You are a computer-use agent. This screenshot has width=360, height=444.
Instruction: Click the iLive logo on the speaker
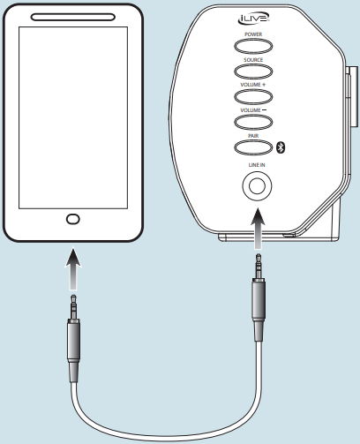pos(253,19)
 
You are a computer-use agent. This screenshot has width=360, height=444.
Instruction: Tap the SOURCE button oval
pos(253,71)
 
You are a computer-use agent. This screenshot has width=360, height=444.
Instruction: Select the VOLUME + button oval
pos(253,96)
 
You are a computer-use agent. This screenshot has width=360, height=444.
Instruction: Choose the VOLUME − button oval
pos(253,122)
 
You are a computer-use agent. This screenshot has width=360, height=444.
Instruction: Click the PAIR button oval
pos(253,147)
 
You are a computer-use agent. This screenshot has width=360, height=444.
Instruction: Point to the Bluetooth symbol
pos(281,147)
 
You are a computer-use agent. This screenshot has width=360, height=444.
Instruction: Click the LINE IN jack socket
pos(257,186)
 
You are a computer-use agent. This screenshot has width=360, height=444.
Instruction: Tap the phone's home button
pos(73,219)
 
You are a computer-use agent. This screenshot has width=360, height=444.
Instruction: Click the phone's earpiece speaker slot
pos(73,17)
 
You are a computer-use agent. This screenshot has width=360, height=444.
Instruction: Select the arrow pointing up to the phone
pos(73,268)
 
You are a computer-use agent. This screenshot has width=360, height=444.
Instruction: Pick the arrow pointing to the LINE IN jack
pos(258,229)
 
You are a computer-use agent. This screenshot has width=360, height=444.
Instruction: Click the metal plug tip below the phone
pos(73,307)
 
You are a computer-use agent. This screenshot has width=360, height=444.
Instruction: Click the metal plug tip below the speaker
pos(259,267)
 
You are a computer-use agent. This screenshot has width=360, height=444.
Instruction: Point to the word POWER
pos(253,34)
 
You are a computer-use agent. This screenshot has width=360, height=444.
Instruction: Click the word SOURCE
pos(253,60)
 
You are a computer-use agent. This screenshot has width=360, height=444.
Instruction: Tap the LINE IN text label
pos(257,165)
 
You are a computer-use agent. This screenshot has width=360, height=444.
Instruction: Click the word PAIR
pos(253,136)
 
